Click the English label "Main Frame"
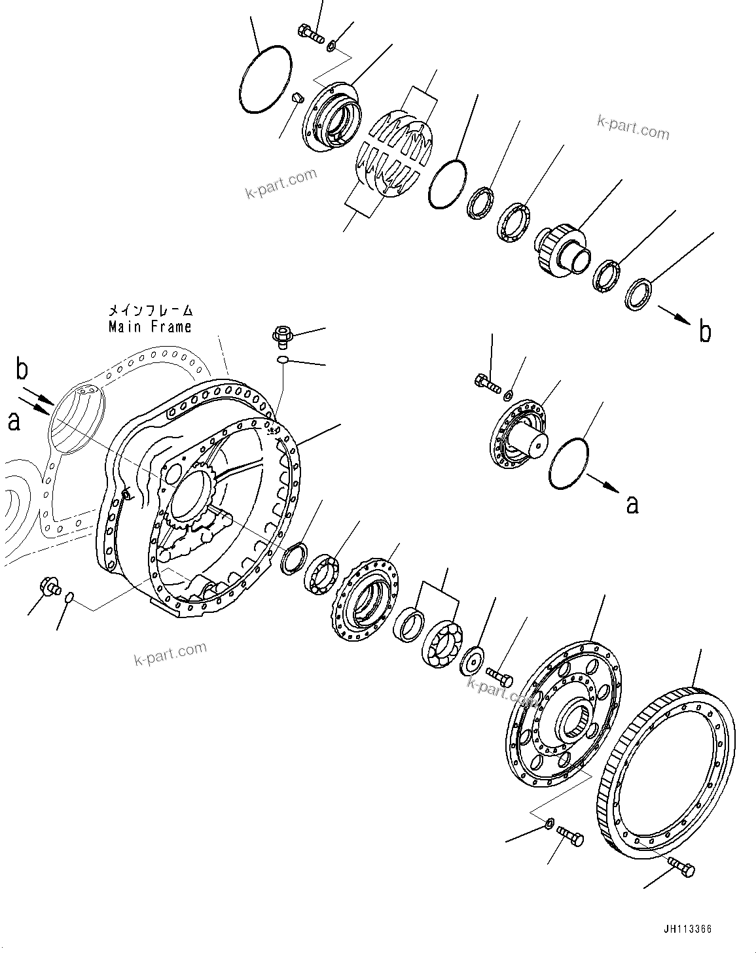tap(150, 326)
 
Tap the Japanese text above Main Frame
tap(151, 310)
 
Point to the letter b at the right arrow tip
tap(704, 332)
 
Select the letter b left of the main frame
tap(22, 370)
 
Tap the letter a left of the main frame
tap(14, 421)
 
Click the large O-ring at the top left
tap(265, 77)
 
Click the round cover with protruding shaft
tap(520, 436)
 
